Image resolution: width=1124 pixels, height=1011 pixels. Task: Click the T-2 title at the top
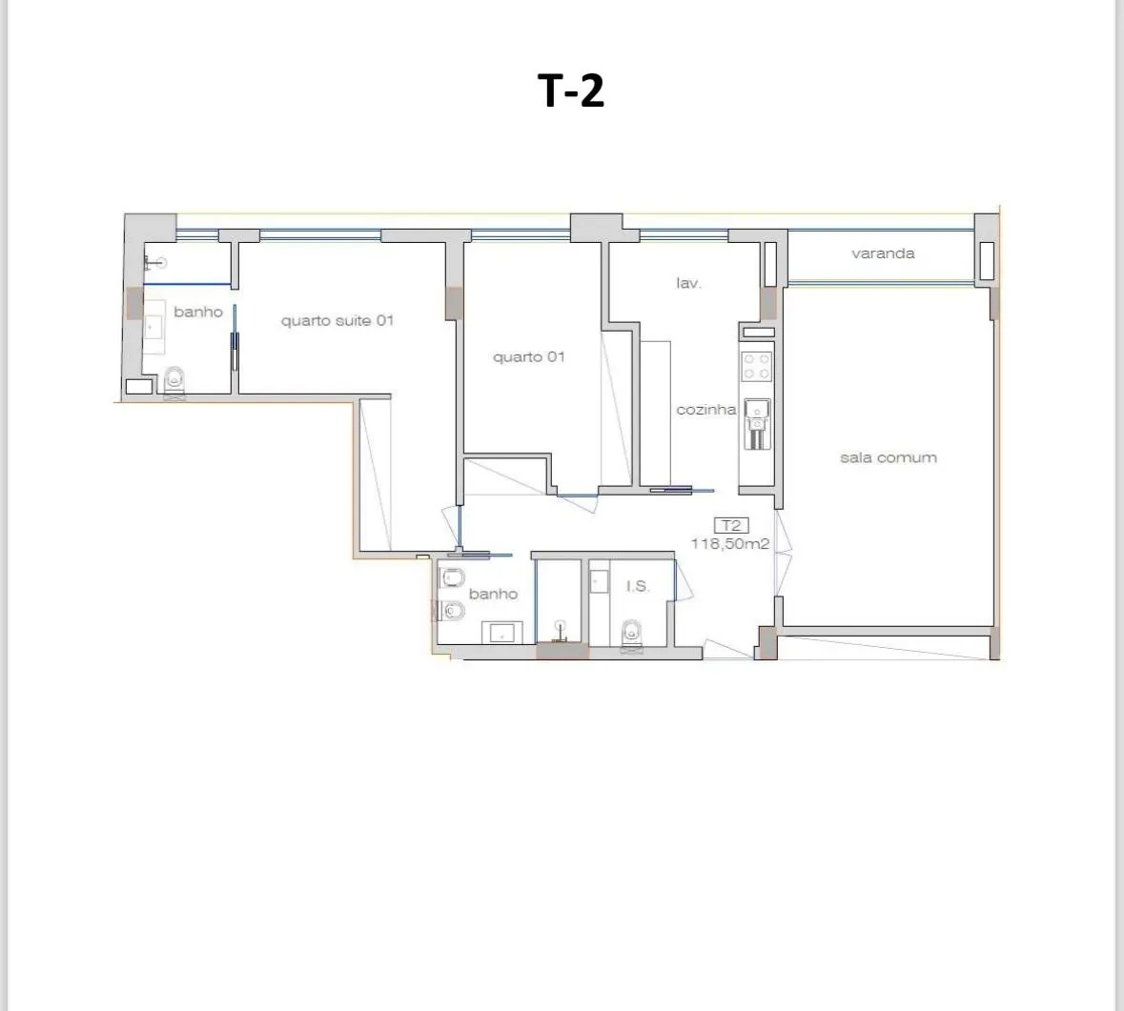(571, 91)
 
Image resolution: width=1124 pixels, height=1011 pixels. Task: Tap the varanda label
(883, 253)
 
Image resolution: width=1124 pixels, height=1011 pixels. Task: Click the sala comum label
(889, 457)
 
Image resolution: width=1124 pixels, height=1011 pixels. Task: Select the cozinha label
(706, 409)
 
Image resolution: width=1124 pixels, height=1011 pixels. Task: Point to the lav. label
(688, 283)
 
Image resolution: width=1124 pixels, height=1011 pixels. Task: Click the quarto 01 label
(528, 356)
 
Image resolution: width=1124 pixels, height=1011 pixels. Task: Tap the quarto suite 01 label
(337, 320)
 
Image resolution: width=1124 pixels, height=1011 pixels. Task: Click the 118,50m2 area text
(729, 544)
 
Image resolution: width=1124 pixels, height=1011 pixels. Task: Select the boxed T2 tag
(731, 525)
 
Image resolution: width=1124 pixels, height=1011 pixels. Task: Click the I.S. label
(637, 586)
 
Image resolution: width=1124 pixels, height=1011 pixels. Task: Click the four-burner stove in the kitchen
(756, 366)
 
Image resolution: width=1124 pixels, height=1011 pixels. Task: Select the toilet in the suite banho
(174, 382)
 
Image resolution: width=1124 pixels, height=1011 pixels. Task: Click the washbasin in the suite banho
(154, 327)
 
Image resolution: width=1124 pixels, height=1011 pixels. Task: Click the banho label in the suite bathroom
(198, 312)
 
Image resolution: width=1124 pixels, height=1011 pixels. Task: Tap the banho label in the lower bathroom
(493, 594)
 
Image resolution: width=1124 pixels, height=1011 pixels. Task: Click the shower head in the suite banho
(155, 263)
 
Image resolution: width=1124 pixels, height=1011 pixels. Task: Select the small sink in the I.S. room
(599, 581)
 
